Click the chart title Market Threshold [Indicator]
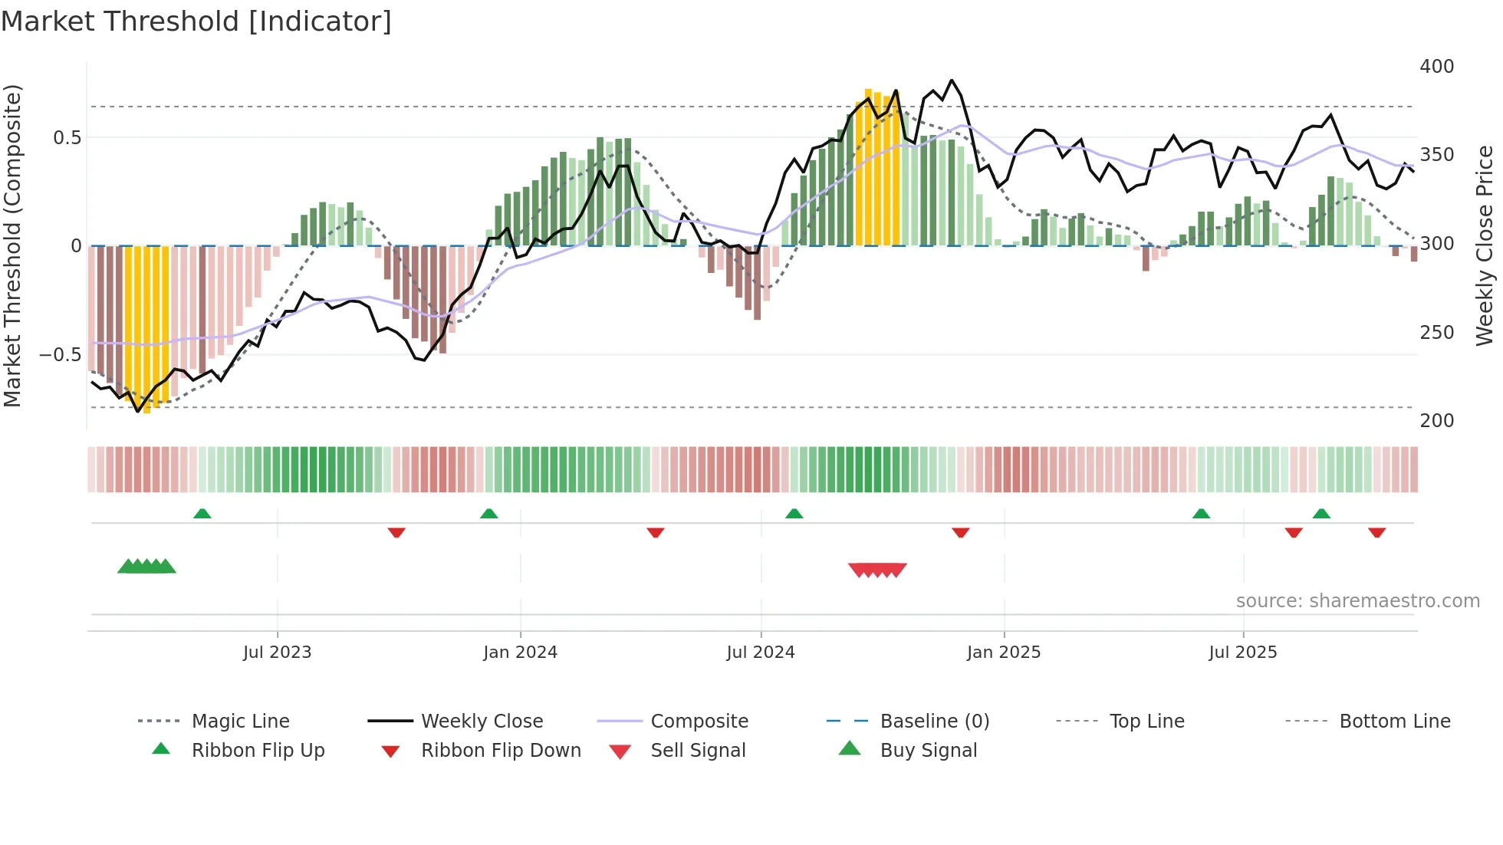tap(196, 21)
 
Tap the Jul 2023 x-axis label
tap(277, 652)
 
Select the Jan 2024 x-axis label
tap(520, 652)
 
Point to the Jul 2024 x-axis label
tap(760, 652)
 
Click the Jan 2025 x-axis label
tap(1003, 652)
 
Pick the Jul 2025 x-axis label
tap(1242, 652)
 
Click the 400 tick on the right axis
tap(1436, 67)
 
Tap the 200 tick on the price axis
tap(1436, 420)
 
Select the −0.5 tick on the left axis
tap(60, 354)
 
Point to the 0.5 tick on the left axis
tap(67, 137)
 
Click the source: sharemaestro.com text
tap(1357, 600)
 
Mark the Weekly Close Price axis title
tap(1485, 245)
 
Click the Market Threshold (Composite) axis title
tap(12, 245)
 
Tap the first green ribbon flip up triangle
tap(202, 513)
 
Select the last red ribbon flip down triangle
tap(1376, 532)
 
